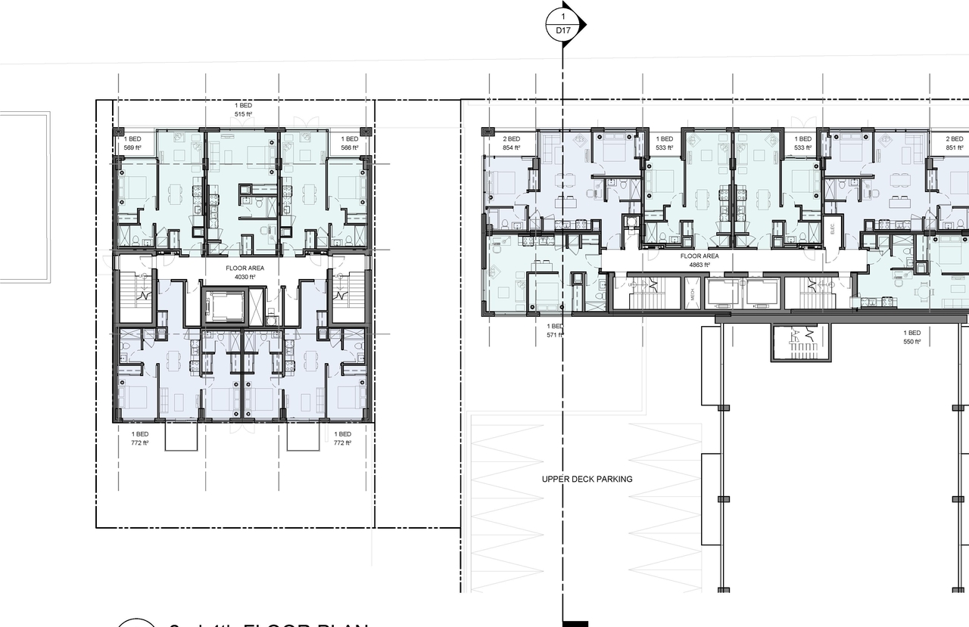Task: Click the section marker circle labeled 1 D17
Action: pos(562,23)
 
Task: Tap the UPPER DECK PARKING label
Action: pos(587,479)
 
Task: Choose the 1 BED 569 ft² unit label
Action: pos(133,144)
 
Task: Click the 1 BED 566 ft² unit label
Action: pos(349,144)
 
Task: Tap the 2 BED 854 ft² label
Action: pos(512,144)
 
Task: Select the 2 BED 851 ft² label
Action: pos(954,144)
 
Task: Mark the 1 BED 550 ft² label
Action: pos(911,337)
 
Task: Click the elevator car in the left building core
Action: pos(223,306)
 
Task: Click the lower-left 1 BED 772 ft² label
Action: pos(133,439)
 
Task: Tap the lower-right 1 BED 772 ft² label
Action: pos(343,439)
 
